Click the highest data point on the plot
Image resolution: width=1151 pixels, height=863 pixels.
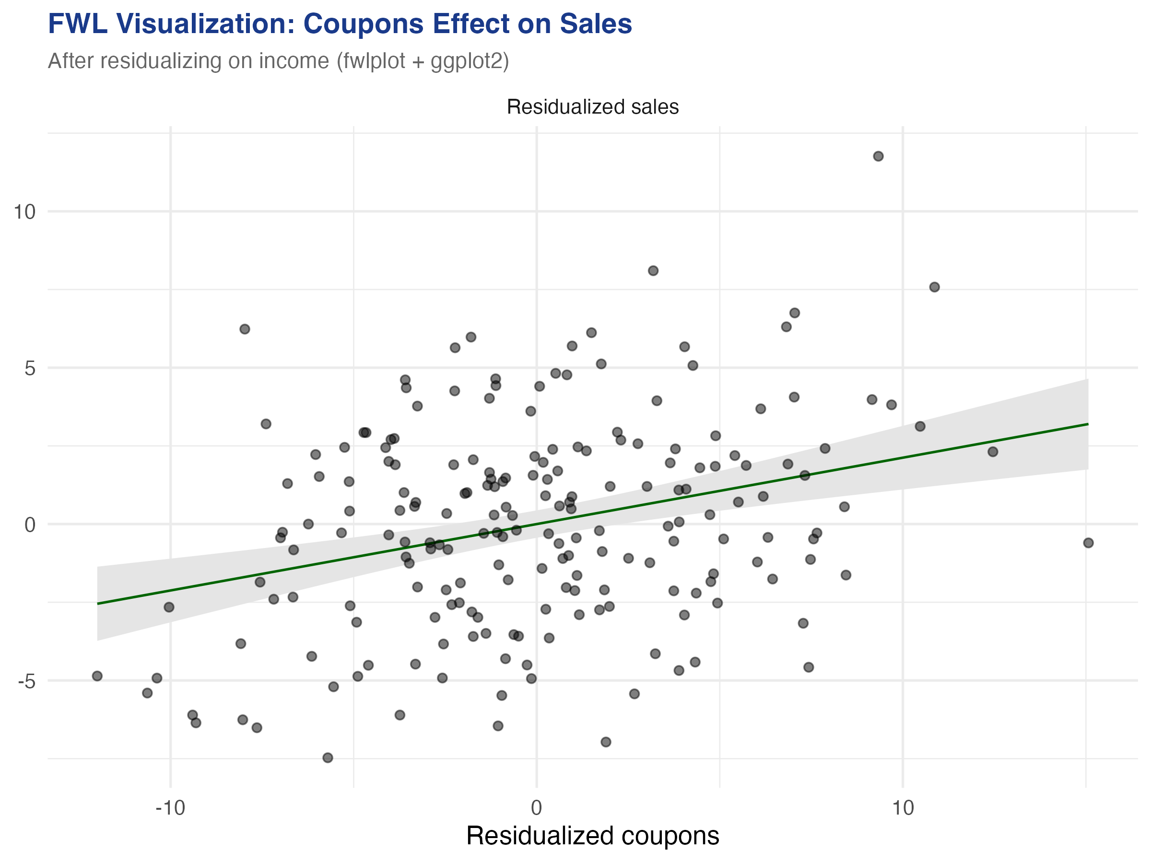tap(878, 156)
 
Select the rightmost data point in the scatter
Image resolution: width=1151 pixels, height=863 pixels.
tap(1088, 543)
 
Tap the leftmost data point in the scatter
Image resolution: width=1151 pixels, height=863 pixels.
tap(97, 676)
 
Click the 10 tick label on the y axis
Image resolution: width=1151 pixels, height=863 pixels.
tap(24, 212)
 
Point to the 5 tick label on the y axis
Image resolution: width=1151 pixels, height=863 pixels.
tap(30, 368)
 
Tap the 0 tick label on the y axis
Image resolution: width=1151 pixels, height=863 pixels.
tap(30, 525)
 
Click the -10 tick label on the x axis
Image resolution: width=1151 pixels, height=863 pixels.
tap(170, 808)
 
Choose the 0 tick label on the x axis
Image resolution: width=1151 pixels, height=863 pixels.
tap(537, 808)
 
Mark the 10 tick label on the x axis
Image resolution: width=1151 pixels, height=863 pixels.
tap(903, 808)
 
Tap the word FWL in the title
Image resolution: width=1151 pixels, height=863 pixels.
tap(78, 24)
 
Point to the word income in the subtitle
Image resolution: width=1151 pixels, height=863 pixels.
tap(294, 61)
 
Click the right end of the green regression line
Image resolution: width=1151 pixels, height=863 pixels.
tap(1087, 424)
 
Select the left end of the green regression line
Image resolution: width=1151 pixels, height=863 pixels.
tap(98, 604)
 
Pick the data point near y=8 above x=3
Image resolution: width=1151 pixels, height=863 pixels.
tap(653, 270)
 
